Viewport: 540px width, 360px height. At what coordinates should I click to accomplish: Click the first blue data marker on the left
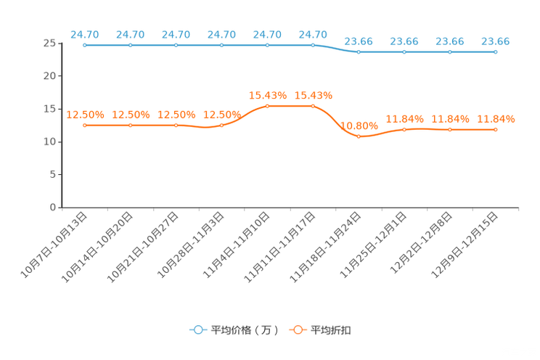(86, 46)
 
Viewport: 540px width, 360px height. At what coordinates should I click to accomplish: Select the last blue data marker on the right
(496, 52)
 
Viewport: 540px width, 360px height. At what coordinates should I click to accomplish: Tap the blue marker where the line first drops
(359, 52)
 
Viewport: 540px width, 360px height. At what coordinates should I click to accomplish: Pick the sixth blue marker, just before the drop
(313, 46)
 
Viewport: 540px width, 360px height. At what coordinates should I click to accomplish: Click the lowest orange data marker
(359, 136)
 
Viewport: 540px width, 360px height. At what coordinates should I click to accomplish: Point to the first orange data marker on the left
(86, 126)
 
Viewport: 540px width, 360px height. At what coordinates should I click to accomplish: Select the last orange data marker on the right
(496, 129)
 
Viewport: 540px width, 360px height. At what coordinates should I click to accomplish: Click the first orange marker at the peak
(268, 106)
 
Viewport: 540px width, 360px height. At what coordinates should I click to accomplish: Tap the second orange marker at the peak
(313, 106)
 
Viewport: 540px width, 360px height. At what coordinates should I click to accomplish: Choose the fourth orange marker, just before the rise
(222, 126)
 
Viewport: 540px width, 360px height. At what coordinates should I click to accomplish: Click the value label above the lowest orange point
(359, 125)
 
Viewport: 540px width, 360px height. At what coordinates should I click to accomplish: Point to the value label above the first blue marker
(85, 34)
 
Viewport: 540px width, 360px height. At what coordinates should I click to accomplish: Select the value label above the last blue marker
(496, 41)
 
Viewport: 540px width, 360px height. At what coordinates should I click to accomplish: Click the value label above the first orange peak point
(268, 95)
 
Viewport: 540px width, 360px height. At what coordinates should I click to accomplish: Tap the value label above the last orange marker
(496, 118)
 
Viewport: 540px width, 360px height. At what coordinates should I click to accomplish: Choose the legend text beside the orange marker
(332, 330)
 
